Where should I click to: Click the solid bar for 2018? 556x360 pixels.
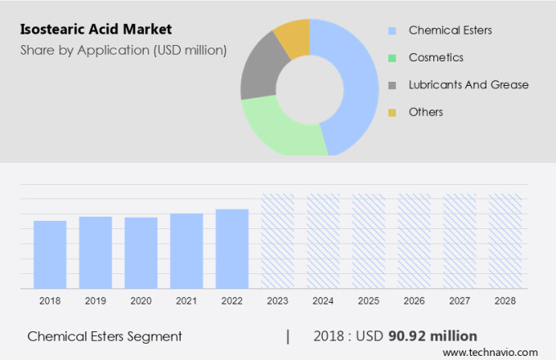coord(50,254)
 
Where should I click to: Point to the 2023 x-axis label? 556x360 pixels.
coord(277,301)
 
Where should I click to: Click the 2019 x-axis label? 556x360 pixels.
coord(95,301)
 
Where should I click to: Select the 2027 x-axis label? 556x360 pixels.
coord(460,301)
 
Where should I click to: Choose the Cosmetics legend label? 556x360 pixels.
coord(436,57)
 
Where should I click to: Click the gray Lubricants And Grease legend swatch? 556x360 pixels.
coord(392,84)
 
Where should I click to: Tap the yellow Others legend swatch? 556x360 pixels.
coord(392,111)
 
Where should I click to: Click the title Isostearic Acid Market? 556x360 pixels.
coord(96,30)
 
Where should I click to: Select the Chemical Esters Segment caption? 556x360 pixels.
coord(105,336)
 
